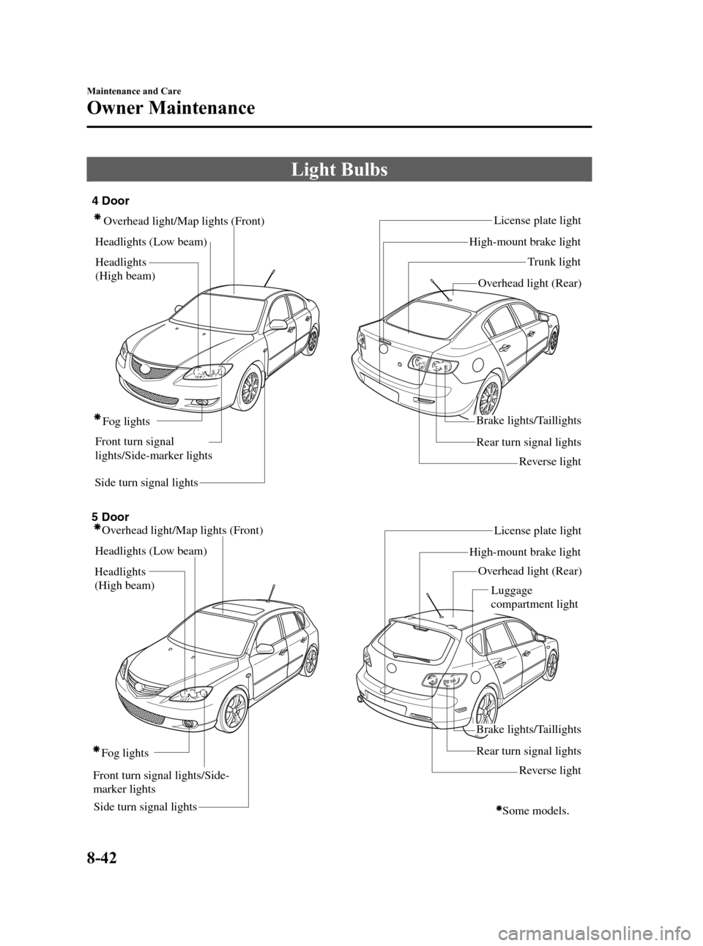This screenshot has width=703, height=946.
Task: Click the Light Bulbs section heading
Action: pyautogui.click(x=339, y=170)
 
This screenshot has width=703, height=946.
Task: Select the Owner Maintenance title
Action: pyautogui.click(x=171, y=108)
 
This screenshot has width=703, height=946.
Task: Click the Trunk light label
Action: pyautogui.click(x=554, y=262)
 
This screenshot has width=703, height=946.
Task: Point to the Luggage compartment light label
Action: pyautogui.click(x=534, y=597)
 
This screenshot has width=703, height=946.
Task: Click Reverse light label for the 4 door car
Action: pyautogui.click(x=549, y=462)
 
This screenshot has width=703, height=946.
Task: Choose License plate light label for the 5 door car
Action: pyautogui.click(x=538, y=530)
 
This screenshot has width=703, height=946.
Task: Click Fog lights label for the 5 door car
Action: pyautogui.click(x=124, y=753)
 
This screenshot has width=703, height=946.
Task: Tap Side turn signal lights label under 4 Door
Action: pyautogui.click(x=146, y=483)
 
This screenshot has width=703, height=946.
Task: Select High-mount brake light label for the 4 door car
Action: pyautogui.click(x=524, y=241)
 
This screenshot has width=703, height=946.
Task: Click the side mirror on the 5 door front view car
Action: pyautogui.click(x=264, y=648)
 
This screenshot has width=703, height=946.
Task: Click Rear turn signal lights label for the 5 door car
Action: pyautogui.click(x=528, y=751)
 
